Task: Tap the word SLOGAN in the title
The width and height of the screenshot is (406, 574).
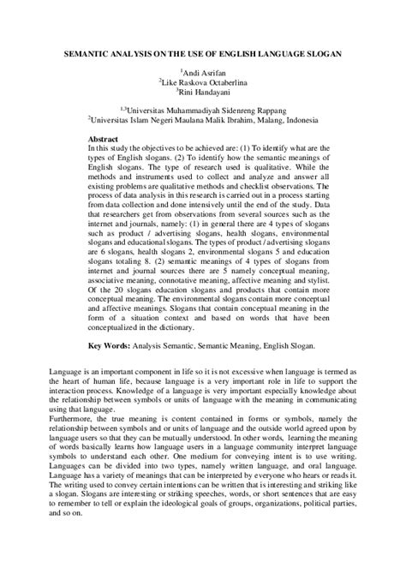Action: (323, 53)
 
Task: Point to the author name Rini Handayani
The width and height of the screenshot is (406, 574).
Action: (205, 92)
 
